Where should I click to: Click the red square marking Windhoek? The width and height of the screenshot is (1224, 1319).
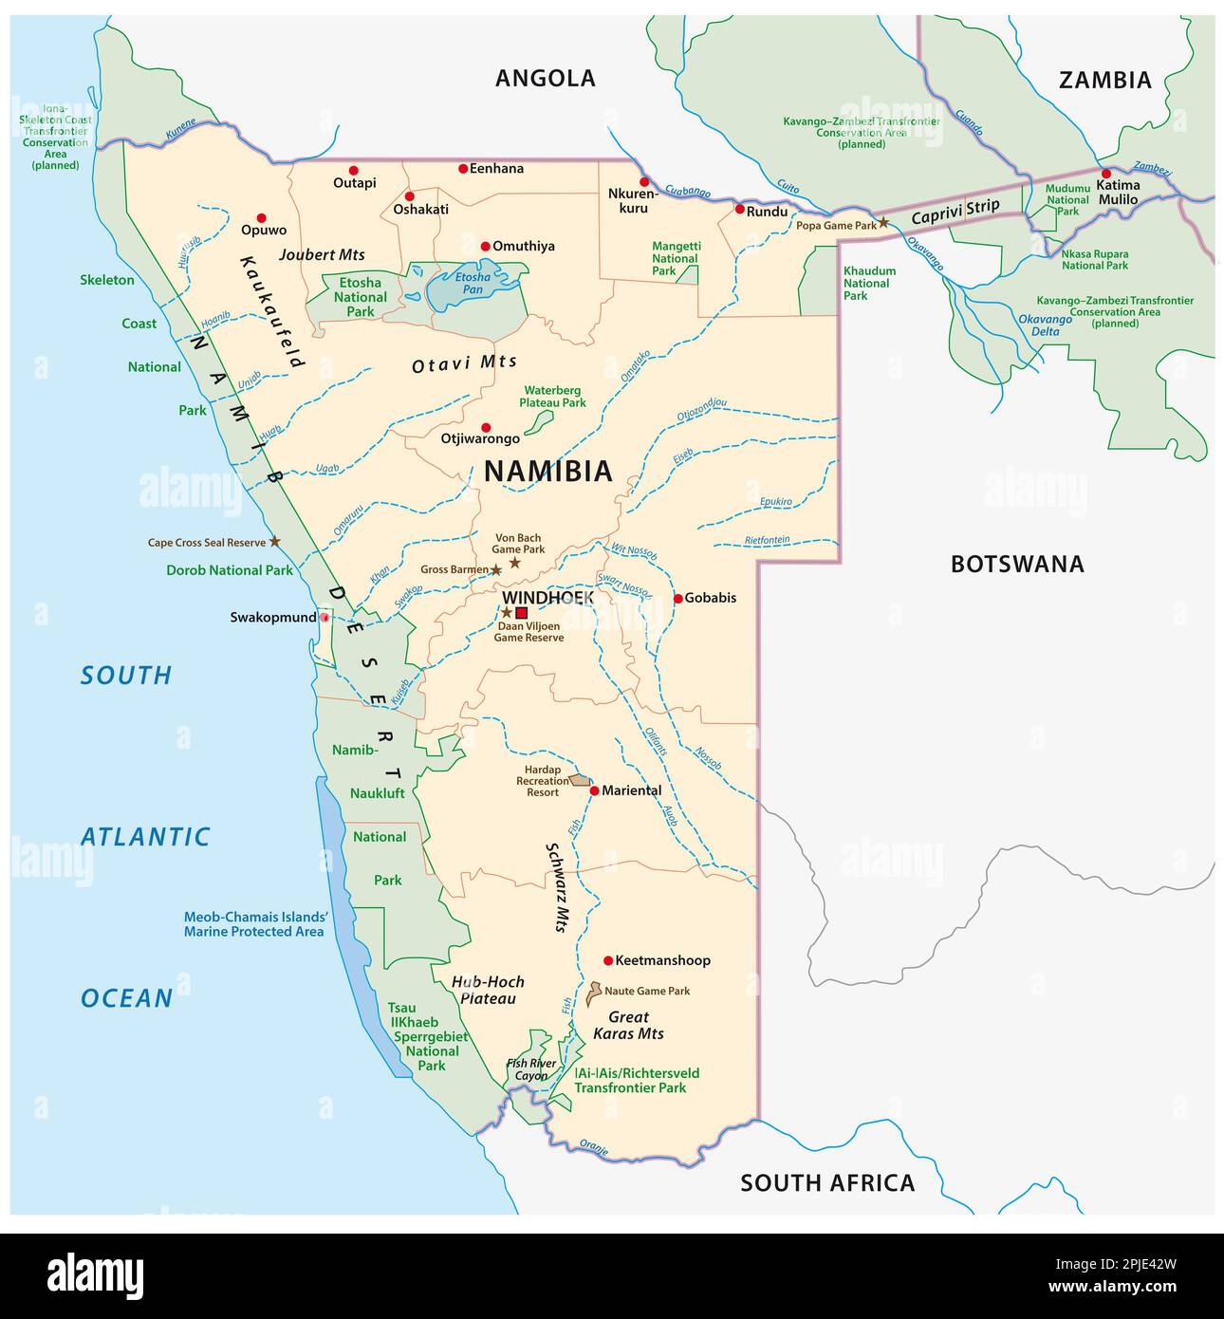(x=521, y=613)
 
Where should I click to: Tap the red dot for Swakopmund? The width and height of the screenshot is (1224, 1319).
(x=325, y=618)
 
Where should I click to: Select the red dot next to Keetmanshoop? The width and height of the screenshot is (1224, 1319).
(x=608, y=960)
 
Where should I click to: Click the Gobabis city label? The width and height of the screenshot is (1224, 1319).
(x=711, y=598)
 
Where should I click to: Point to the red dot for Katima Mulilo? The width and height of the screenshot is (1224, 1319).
(x=1105, y=174)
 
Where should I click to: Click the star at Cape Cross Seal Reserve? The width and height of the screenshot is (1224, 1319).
(x=275, y=541)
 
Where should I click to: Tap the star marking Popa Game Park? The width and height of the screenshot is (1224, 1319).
(x=883, y=222)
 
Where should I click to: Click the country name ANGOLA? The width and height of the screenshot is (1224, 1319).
(x=545, y=78)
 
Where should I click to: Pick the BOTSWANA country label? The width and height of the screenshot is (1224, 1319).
(x=1017, y=564)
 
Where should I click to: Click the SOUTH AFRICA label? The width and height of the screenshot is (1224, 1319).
(x=827, y=1182)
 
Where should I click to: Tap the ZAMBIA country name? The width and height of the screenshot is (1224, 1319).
(x=1104, y=80)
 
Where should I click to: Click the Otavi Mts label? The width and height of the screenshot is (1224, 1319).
(x=464, y=364)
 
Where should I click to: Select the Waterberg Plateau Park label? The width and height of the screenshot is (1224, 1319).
(x=552, y=396)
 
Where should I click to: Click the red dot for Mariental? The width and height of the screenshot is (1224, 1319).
(x=594, y=790)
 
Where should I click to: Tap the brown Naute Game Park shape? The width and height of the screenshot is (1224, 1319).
(x=594, y=994)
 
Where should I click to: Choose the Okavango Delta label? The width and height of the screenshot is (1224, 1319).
(x=1045, y=325)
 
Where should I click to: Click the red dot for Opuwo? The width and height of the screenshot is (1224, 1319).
(x=262, y=217)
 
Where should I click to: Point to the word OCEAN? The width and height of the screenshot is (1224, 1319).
(x=126, y=998)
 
